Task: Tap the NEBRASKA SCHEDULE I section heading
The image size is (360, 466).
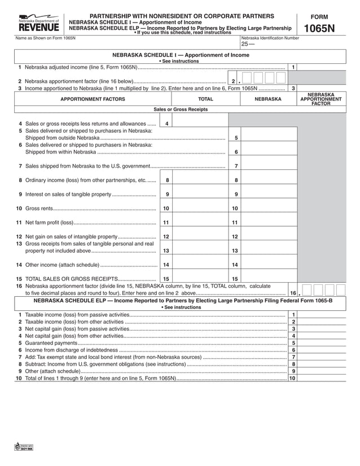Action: coord(181,55)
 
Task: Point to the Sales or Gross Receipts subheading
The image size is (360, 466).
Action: coord(181,109)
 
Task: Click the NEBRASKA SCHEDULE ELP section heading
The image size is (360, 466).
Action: coord(181,301)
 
